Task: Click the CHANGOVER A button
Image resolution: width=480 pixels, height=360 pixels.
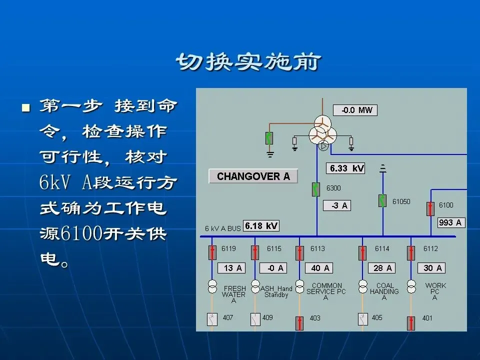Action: pos(253,176)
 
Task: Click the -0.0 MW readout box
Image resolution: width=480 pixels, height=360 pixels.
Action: pos(355,110)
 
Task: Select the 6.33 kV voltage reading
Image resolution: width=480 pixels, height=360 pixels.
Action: pos(345,168)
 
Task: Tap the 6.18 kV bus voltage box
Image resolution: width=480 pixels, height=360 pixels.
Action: pos(261,225)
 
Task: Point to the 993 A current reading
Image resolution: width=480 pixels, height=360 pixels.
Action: pos(451,222)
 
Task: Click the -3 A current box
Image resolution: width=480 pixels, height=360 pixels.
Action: pos(337,205)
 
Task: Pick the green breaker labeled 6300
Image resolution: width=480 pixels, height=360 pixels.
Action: pos(316,189)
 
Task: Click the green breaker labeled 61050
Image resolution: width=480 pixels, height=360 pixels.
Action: pos(382,200)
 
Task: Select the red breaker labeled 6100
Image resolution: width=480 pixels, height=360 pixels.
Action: pos(430,208)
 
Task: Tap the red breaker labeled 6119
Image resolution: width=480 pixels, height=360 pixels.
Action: pos(212,252)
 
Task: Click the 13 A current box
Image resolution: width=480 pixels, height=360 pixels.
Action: pos(232,268)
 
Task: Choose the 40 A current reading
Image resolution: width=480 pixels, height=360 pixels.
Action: pos(320,268)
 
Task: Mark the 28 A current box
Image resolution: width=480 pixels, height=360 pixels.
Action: pos(382,268)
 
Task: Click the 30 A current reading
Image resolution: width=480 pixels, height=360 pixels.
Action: pos(432,268)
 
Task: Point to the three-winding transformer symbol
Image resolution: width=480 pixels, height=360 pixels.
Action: pos(322,131)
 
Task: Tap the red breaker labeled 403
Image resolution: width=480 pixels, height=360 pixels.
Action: pos(299,322)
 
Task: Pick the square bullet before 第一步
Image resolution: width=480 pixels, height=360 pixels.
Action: pos(26,107)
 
